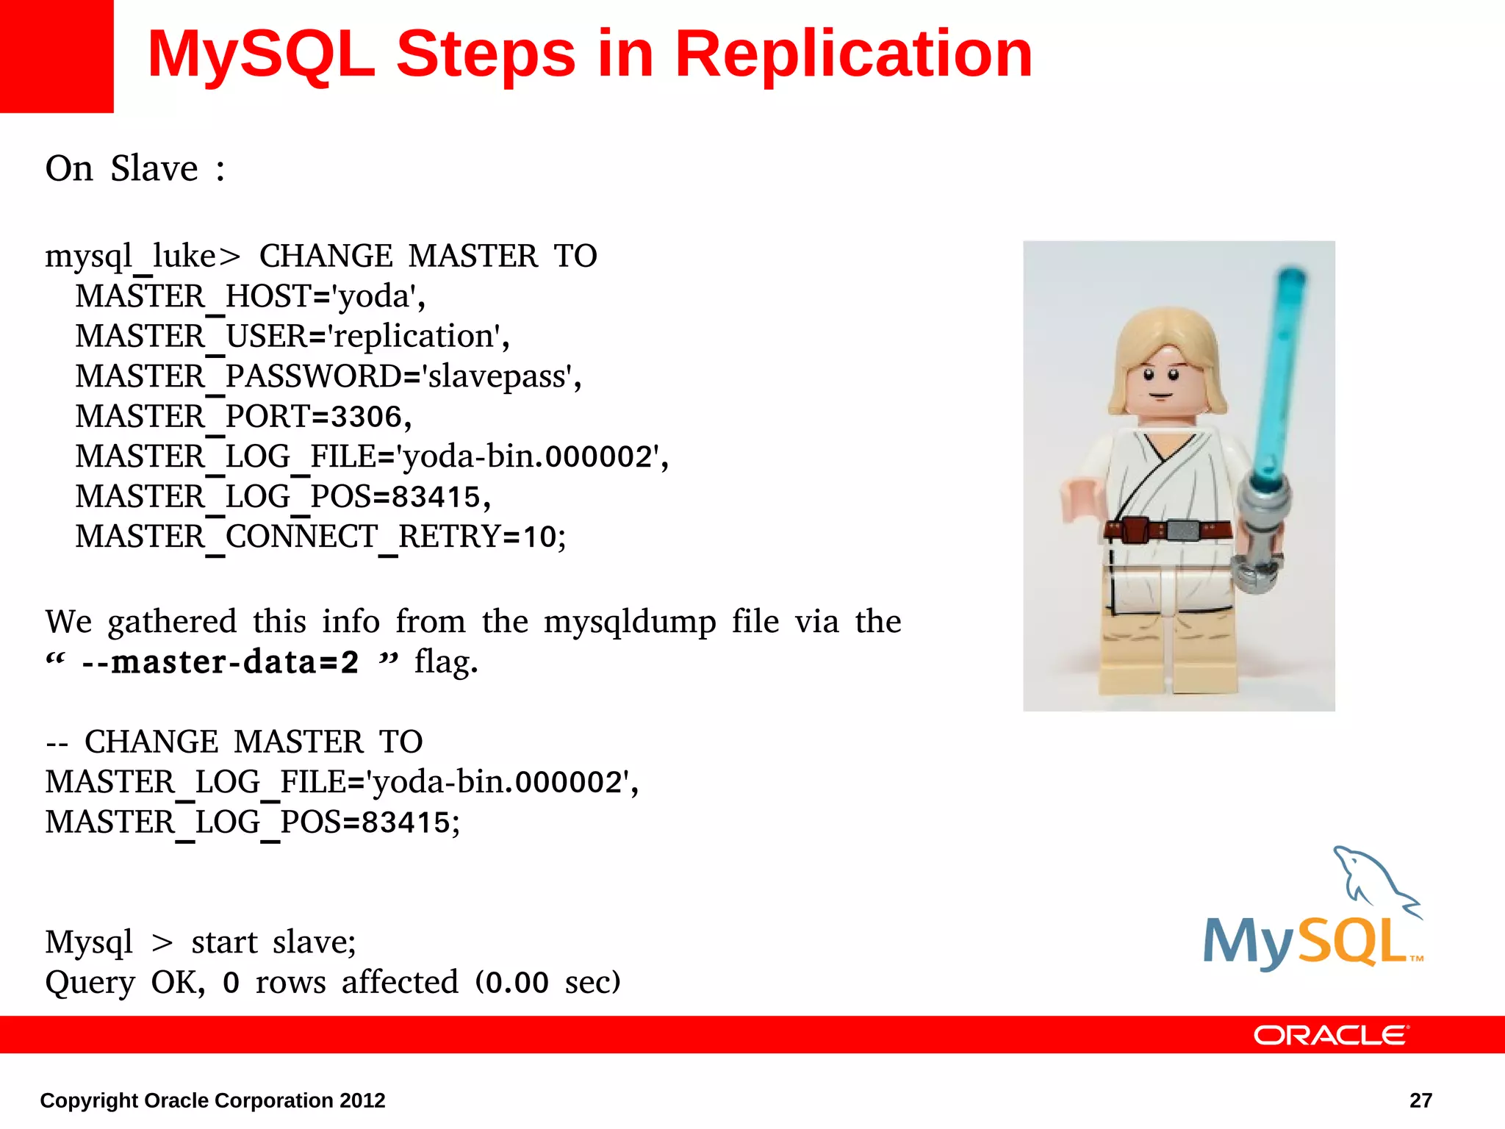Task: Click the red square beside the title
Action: [56, 56]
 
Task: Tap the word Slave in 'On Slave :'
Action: [154, 168]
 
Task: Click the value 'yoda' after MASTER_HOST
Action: [376, 297]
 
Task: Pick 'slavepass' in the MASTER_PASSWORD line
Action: [498, 377]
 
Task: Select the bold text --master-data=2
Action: [220, 662]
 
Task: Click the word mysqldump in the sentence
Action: [629, 623]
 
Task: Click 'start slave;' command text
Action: [273, 942]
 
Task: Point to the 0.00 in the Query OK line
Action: [517, 983]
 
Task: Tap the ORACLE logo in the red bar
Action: [1330, 1035]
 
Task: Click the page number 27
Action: [1420, 1100]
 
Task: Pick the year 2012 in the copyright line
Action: [362, 1100]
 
